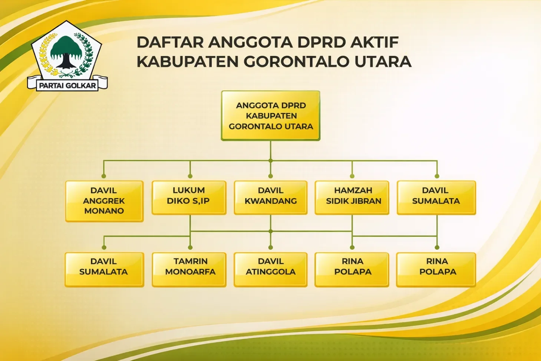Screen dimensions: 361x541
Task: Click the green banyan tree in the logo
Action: pyautogui.click(x=66, y=50)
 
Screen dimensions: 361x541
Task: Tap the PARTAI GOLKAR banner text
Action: pyautogui.click(x=67, y=85)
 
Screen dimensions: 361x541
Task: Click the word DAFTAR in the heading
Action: pyautogui.click(x=170, y=42)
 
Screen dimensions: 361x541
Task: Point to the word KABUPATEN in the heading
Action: pyautogui.click(x=187, y=62)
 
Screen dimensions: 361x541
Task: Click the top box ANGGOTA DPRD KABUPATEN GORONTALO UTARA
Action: pyautogui.click(x=270, y=116)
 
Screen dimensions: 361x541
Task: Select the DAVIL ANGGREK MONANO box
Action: pyautogui.click(x=104, y=201)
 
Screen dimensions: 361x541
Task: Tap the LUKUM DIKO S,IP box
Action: pyautogui.click(x=189, y=197)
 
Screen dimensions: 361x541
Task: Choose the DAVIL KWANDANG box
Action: pyautogui.click(x=270, y=197)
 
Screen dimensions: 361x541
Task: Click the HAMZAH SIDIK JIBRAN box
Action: pyautogui.click(x=352, y=197)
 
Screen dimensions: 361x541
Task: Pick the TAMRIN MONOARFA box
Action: pyautogui.click(x=189, y=269)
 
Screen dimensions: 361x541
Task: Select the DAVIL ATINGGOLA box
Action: pyautogui.click(x=270, y=269)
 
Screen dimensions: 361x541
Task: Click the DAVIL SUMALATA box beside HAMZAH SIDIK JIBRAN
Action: pyautogui.click(x=436, y=197)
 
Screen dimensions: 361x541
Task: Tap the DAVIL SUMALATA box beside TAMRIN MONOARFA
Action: pyautogui.click(x=104, y=269)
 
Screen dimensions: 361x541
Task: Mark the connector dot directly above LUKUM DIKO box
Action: pyautogui.click(x=190, y=176)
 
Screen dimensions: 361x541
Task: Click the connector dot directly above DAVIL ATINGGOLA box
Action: pyautogui.click(x=271, y=247)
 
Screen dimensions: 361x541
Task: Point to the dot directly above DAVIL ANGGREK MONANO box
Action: pyautogui.click(x=104, y=176)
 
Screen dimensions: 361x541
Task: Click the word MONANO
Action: pyautogui.click(x=104, y=211)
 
